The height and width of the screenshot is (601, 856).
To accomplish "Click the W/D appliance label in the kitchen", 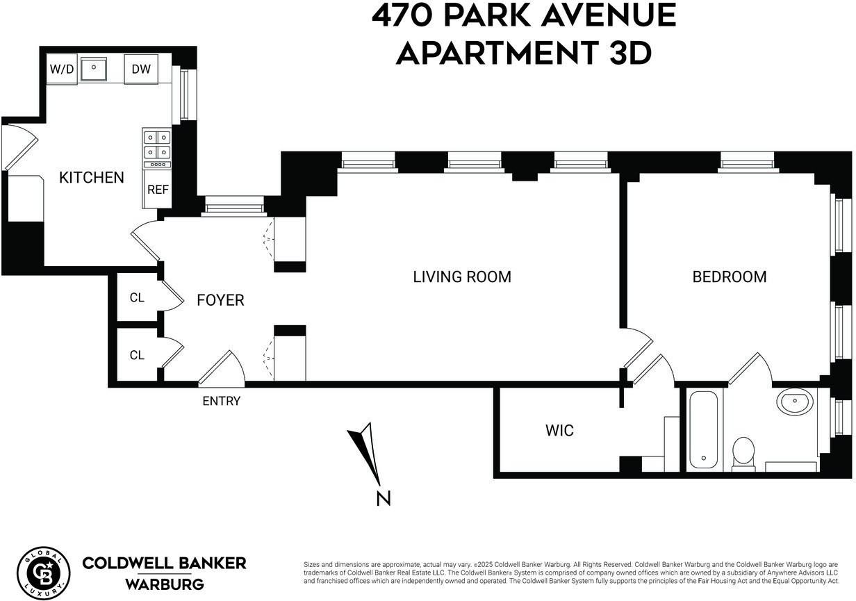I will (x=61, y=69).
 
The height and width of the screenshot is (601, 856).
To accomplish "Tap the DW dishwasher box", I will (x=142, y=69).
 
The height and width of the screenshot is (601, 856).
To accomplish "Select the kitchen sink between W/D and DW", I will (x=92, y=69).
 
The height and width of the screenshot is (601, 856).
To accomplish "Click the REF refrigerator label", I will (x=157, y=190).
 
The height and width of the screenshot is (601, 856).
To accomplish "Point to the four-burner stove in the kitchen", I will (x=157, y=145).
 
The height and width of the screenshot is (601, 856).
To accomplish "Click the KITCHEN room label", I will (x=91, y=177).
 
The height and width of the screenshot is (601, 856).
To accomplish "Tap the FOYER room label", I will (x=220, y=300).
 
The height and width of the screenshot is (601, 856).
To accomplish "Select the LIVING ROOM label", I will (x=462, y=277).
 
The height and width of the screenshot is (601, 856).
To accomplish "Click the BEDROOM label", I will (x=730, y=277).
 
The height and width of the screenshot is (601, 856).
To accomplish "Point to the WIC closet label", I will (x=559, y=431).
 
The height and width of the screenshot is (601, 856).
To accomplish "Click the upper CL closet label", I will (x=137, y=297).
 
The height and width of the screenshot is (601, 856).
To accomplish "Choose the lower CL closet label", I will (x=137, y=355).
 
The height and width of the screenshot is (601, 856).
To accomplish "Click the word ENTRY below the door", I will (x=221, y=401).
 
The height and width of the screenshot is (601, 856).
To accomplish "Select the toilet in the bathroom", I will (x=743, y=452).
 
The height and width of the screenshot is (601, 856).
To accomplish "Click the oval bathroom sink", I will (x=794, y=402).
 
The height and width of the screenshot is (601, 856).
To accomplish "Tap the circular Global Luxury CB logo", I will (x=43, y=573).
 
